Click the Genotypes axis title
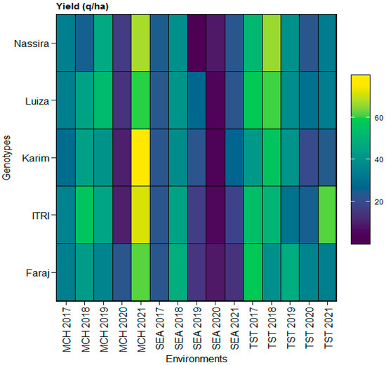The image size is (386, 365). tap(6, 158)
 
